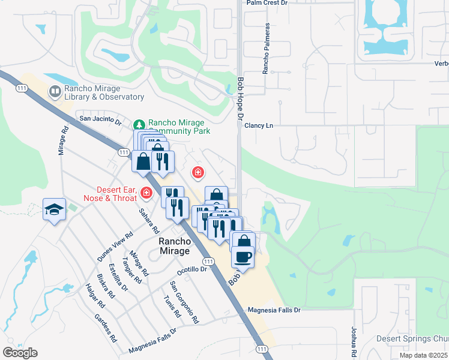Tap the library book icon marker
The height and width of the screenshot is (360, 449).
55,92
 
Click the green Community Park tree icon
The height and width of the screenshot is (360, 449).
139,124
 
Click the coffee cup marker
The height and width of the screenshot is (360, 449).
243,257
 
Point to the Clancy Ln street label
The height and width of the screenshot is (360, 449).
259,125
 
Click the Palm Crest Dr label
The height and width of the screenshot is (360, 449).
267,3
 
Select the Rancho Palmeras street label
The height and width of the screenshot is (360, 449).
266,49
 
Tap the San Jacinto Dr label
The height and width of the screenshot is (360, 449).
100,120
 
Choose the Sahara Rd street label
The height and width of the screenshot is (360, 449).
149,221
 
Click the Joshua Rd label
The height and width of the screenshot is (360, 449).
354,340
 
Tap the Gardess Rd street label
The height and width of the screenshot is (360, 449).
104,328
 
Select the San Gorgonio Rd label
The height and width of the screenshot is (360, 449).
184,302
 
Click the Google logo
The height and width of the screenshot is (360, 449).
20,353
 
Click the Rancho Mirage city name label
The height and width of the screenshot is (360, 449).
175,246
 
